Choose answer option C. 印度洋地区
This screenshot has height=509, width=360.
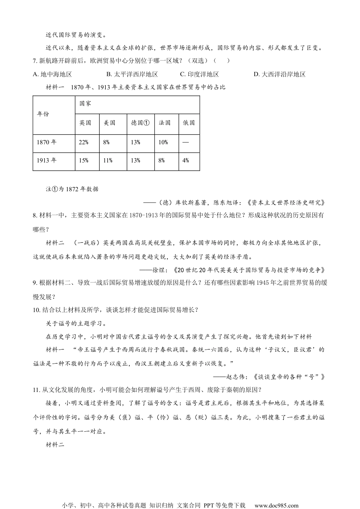pyautogui.click(x=199, y=74)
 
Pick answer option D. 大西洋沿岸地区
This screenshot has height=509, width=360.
pyautogui.click(x=279, y=74)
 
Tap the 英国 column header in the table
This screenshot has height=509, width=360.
pyautogui.click(x=85, y=123)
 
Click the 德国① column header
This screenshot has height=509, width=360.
pyautogui.click(x=140, y=123)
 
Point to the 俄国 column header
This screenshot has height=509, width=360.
pyautogui.click(x=189, y=123)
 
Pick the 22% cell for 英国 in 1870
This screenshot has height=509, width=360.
pyautogui.click(x=83, y=142)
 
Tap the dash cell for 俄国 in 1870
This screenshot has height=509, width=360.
pyautogui.click(x=185, y=142)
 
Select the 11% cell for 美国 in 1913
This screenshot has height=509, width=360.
pyautogui.click(x=108, y=161)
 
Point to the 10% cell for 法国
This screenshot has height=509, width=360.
pyautogui.click(x=163, y=142)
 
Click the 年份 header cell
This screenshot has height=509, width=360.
pyautogui.click(x=43, y=114)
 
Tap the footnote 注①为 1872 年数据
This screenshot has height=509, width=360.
pyautogui.click(x=72, y=189)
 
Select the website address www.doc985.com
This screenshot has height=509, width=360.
pyautogui.click(x=276, y=505)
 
